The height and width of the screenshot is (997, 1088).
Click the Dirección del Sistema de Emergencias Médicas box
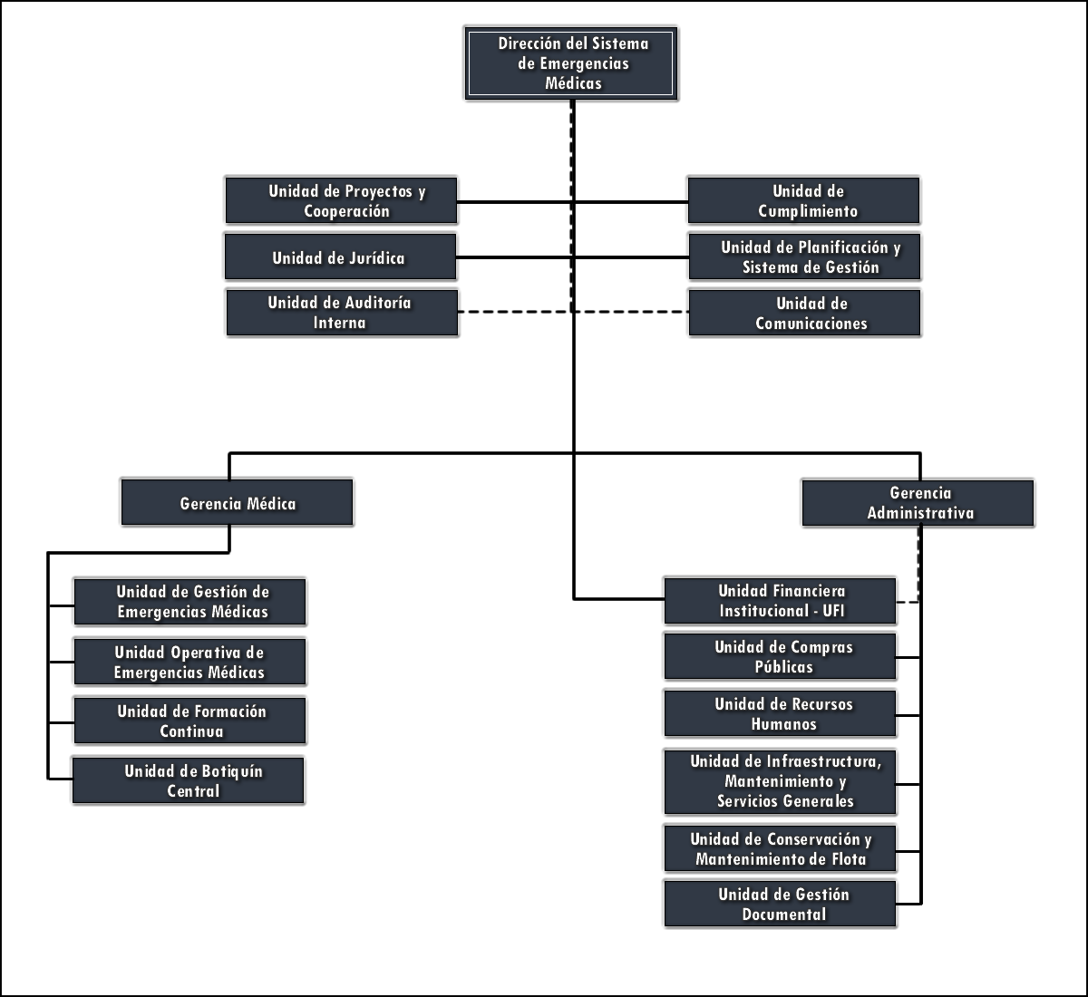[x=571, y=63]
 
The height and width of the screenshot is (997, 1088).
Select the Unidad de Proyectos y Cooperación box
[x=341, y=200]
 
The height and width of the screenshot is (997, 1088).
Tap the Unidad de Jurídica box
[x=340, y=257]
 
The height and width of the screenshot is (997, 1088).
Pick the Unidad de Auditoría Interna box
[x=342, y=313]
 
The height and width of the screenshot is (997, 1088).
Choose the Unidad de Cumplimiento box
[x=803, y=200]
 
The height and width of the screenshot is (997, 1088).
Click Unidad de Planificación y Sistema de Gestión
[x=804, y=257]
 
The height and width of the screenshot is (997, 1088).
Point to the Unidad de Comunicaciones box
[x=804, y=313]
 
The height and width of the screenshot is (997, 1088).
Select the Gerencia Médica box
[x=237, y=502]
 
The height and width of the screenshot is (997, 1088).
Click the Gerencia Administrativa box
[x=918, y=502]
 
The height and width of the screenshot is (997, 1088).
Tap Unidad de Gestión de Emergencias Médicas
[x=189, y=601]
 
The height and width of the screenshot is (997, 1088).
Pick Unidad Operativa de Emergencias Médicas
[x=189, y=662]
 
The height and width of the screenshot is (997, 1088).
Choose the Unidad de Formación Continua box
[x=189, y=721]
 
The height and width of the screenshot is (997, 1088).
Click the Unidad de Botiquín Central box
[x=189, y=780]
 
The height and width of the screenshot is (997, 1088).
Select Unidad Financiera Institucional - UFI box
[x=780, y=600]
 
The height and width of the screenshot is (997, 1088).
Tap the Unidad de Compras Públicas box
[x=780, y=656]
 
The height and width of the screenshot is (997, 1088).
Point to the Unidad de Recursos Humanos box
[x=780, y=713]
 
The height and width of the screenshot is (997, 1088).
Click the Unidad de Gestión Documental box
[x=780, y=904]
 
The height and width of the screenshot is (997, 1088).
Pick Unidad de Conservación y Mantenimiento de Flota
[x=780, y=848]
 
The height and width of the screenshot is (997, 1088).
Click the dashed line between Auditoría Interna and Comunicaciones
[x=517, y=312]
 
